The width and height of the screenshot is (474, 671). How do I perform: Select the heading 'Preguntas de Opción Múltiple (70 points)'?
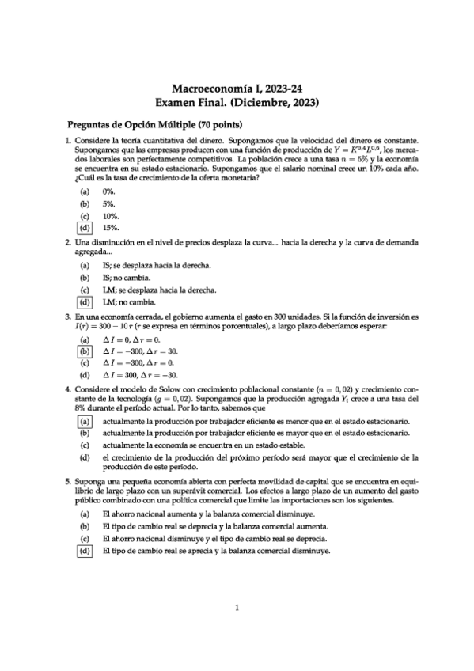point(155,125)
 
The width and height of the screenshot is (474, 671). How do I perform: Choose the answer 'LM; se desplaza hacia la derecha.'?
point(165,290)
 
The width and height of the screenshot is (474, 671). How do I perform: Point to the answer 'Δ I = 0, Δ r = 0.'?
point(131,339)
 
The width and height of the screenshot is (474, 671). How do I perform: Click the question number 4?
point(68,390)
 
